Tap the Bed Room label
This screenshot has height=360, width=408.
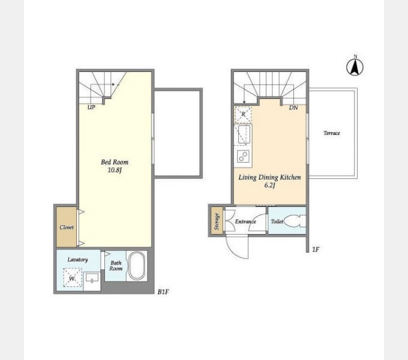tap(115, 163)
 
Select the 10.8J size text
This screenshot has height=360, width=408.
tap(115, 170)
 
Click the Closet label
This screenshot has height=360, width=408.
tap(67, 227)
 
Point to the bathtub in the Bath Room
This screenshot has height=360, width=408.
tap(136, 266)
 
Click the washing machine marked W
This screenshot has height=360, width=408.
tap(73, 278)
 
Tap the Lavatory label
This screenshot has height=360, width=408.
tap(77, 260)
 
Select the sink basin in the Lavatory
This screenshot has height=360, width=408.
tap(92, 277)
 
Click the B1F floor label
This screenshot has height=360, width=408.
tap(163, 292)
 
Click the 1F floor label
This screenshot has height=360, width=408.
tap(316, 250)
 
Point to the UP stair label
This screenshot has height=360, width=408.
tap(91, 107)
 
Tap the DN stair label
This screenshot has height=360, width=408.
tap(293, 107)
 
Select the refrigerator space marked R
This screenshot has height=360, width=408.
tap(243, 114)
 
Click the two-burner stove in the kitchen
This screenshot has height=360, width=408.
tap(243, 157)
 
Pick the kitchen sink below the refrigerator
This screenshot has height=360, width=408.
tap(244, 134)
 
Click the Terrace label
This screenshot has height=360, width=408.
tap(332, 133)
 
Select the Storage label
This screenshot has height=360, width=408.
tap(217, 221)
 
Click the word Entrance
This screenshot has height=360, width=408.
tap(245, 221)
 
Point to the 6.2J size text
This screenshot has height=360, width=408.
tap(269, 185)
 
